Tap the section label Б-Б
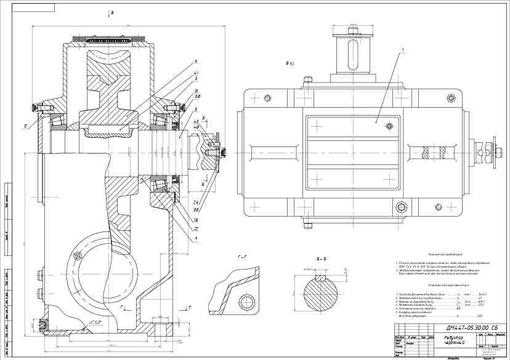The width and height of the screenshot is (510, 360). click(321, 258)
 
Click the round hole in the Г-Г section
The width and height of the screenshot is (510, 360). click(248, 302)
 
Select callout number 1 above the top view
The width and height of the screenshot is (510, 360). click(402, 49)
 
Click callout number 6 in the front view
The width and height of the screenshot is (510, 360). click(195, 61)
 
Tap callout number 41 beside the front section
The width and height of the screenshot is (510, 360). click(195, 73)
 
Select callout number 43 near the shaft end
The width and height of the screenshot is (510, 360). click(196, 122)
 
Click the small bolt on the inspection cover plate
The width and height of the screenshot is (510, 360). click(389, 127)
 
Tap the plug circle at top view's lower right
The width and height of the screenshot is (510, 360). click(402, 207)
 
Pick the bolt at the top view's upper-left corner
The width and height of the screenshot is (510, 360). click(267, 98)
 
